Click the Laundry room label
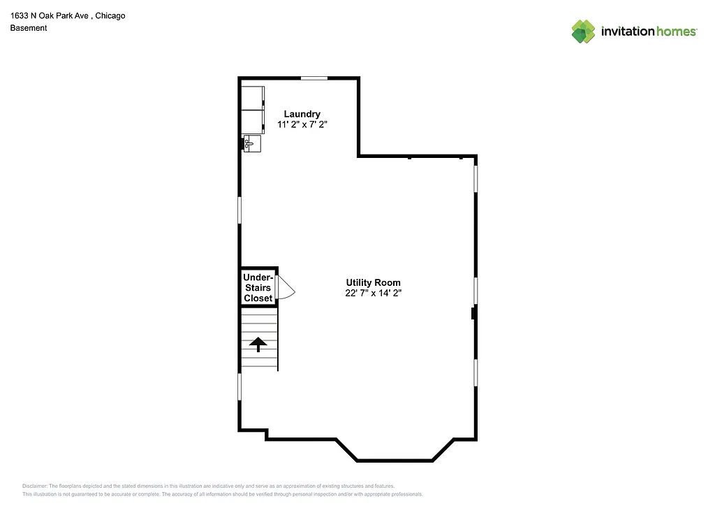click(x=302, y=114)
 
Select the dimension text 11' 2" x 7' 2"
click(x=302, y=124)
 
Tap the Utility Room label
click(x=373, y=282)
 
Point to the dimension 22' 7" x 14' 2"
click(x=373, y=293)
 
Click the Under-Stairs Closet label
click(x=258, y=287)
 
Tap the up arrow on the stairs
click(x=258, y=344)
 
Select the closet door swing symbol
click(x=286, y=288)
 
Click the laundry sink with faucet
click(x=252, y=143)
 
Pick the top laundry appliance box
click(x=253, y=97)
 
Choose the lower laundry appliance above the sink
click(x=253, y=121)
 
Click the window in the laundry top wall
click(x=314, y=78)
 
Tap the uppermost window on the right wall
click(x=476, y=178)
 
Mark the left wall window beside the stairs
click(x=239, y=386)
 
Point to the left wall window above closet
click(x=239, y=209)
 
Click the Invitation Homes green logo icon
click(x=583, y=31)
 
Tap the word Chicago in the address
click(x=110, y=15)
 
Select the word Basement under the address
click(x=29, y=28)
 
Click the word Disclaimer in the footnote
click(x=34, y=486)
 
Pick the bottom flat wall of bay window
click(x=395, y=461)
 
